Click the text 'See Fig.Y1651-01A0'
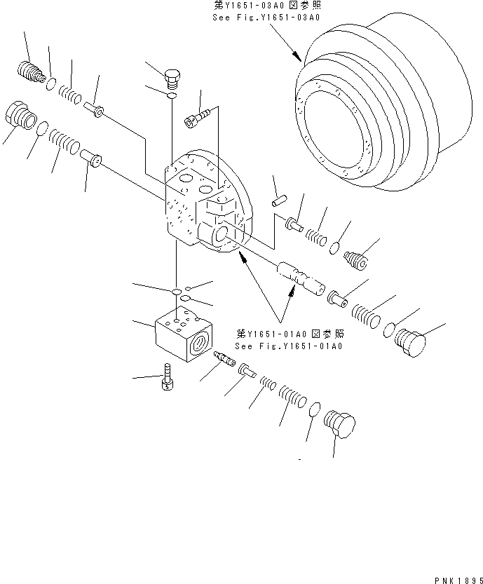point(290,346)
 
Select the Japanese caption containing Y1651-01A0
point(290,334)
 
